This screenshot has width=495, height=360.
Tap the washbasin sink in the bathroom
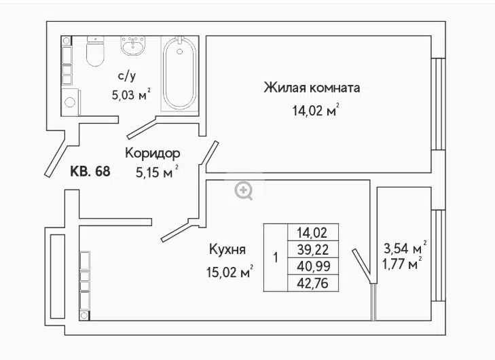[133, 46]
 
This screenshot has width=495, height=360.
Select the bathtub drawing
[179, 73]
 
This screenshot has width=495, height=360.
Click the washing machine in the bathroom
[71, 102]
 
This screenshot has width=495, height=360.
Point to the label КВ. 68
[90, 171]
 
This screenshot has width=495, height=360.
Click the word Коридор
[153, 153]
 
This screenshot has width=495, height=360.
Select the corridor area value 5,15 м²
[158, 172]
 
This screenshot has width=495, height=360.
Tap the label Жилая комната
[312, 88]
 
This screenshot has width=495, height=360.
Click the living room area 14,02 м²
[316, 110]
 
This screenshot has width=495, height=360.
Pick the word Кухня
[227, 249]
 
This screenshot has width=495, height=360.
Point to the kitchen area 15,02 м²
[230, 272]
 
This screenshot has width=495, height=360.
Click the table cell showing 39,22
[313, 249]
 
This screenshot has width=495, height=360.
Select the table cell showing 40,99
[313, 266]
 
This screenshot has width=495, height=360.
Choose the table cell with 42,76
[313, 283]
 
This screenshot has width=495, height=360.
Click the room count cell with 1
[276, 257]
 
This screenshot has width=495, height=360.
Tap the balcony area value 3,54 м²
[405, 248]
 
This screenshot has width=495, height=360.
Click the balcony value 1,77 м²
[402, 264]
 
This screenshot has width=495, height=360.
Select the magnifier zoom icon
[244, 190]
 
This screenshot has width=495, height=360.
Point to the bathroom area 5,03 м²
[131, 94]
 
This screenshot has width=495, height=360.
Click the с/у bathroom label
[126, 76]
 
